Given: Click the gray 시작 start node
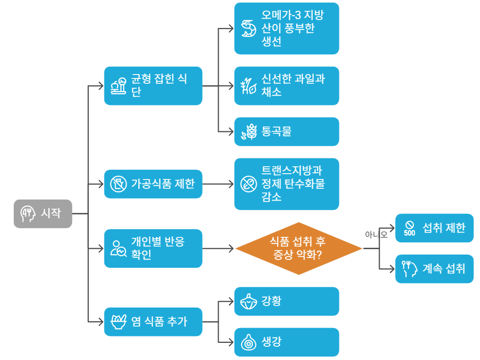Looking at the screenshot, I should [x=43, y=214].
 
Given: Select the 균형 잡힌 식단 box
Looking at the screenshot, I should [x=153, y=86].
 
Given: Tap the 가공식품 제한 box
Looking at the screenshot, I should [x=153, y=184].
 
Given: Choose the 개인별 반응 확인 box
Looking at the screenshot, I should [x=153, y=248].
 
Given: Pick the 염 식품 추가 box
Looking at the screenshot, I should [x=153, y=322].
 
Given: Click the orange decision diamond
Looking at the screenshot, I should [x=299, y=248].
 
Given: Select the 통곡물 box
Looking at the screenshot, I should [x=286, y=131].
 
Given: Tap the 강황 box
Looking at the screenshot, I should [x=286, y=301].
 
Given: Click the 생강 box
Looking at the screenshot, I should [x=286, y=342].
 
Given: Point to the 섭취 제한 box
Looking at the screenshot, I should [x=434, y=228].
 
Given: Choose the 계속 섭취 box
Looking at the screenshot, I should [x=434, y=269].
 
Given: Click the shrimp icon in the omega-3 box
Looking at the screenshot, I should [x=249, y=28].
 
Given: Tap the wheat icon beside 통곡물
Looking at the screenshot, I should [x=249, y=132].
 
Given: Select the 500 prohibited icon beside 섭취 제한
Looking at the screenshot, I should [x=409, y=229].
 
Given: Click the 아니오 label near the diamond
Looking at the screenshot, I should [x=376, y=234].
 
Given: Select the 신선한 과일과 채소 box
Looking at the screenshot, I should [x=286, y=86].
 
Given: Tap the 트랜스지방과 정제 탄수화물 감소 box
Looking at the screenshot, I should [x=286, y=184].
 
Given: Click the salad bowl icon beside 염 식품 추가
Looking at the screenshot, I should [x=118, y=322].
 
